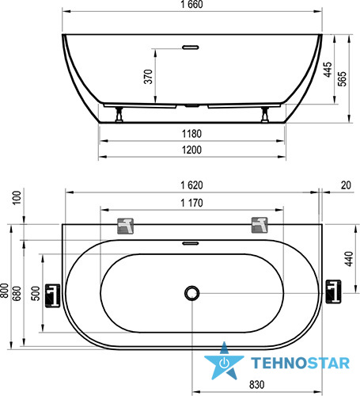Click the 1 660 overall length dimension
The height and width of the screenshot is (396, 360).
pos(191,5)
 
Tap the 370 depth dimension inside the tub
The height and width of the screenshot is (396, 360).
pos(148,77)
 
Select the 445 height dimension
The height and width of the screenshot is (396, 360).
pos(328,70)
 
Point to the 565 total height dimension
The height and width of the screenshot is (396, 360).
pos(342,78)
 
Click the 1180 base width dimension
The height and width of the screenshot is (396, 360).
pos(191,134)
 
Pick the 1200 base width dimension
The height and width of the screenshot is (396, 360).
pos(191,150)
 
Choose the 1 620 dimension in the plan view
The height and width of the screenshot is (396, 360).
pos(191,185)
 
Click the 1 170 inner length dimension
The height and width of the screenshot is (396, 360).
pos(191,203)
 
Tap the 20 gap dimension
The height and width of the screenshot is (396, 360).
pos(346,185)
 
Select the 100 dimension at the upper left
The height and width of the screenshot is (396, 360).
pos(17,197)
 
